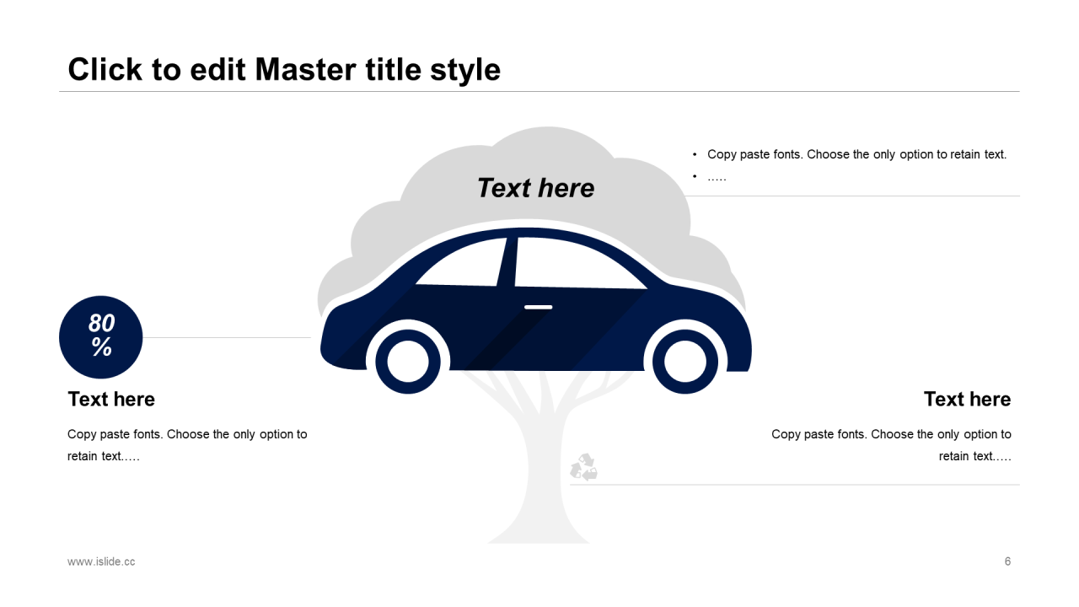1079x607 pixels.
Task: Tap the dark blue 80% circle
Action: tap(101, 336)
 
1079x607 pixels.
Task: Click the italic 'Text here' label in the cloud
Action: tap(535, 188)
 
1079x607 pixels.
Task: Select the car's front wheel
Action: tap(690, 362)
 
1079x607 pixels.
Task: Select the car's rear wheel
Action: tap(408, 362)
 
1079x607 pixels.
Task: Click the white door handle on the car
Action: tap(538, 307)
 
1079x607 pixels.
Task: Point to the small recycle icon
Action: tap(583, 467)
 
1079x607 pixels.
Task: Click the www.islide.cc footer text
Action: tap(101, 561)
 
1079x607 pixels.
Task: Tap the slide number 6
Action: tap(1007, 561)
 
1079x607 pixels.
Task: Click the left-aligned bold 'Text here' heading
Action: tap(111, 399)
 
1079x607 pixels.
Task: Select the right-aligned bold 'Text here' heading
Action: tap(967, 399)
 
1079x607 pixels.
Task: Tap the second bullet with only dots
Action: tap(717, 177)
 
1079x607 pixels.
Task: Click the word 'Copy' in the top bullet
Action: tap(722, 154)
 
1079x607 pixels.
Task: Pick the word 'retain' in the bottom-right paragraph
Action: tap(954, 456)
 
